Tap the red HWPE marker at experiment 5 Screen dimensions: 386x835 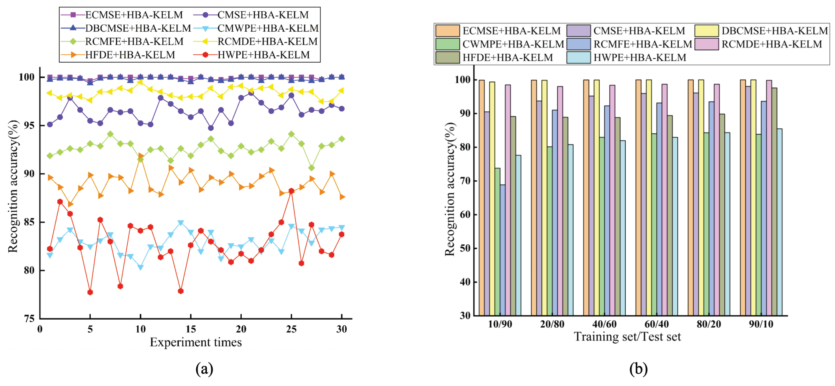[x=90, y=292]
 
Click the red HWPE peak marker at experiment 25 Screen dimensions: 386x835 [x=291, y=191]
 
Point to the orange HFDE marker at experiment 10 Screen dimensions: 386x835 [x=140, y=156]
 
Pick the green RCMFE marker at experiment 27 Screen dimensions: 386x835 [x=311, y=168]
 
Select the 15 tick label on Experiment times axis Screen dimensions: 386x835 [x=191, y=329]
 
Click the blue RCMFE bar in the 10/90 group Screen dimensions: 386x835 [x=502, y=250]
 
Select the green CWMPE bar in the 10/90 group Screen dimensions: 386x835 [x=497, y=242]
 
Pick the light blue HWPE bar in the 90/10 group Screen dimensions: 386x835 [x=780, y=222]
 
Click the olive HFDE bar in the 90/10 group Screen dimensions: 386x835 [x=774, y=201]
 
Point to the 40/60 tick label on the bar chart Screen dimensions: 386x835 [x=604, y=324]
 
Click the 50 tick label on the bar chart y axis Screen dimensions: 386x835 [x=465, y=248]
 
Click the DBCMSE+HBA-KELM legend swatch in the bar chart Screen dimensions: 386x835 [x=707, y=31]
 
